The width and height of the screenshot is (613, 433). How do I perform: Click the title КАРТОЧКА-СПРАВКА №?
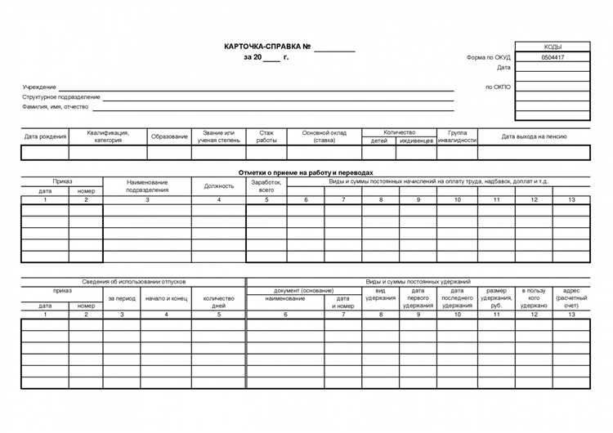[267, 47]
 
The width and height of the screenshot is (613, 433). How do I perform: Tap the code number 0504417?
[553, 58]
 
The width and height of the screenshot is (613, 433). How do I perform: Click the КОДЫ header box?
[553, 47]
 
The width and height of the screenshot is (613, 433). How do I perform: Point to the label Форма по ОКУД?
[489, 58]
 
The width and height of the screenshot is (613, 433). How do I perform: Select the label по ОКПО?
[498, 87]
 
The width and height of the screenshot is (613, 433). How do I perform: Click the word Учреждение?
[39, 87]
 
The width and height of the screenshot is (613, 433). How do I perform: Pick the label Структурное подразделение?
[61, 96]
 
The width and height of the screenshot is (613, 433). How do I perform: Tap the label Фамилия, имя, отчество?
[55, 106]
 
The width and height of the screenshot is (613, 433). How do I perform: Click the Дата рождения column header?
[45, 136]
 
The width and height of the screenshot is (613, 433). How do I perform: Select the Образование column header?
[169, 136]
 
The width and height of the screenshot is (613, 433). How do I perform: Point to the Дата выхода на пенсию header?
[534, 136]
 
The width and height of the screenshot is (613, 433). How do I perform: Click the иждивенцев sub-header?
[416, 141]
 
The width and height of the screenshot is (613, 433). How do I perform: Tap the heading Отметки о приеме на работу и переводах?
[306, 172]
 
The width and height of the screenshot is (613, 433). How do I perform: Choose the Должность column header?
[218, 186]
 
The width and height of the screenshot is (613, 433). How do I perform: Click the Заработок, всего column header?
[266, 186]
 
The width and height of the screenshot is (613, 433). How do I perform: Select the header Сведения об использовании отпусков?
[133, 281]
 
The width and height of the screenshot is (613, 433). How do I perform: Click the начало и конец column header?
[166, 299]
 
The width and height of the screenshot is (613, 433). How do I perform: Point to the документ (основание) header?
[304, 290]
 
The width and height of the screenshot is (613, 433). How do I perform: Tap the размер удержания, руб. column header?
[496, 298]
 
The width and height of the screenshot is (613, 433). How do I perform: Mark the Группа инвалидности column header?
[457, 136]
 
